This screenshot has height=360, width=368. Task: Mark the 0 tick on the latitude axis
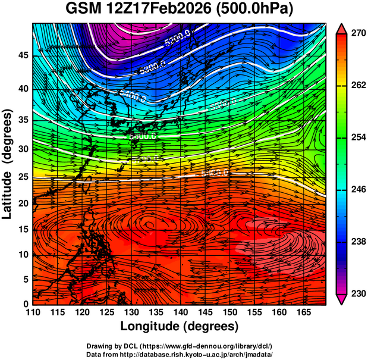27,304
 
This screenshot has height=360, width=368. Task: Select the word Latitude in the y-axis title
8,190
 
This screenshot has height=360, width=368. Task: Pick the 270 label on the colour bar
357,33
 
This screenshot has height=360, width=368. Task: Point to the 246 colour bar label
357,189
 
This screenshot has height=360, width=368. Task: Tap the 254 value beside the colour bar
357,137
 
